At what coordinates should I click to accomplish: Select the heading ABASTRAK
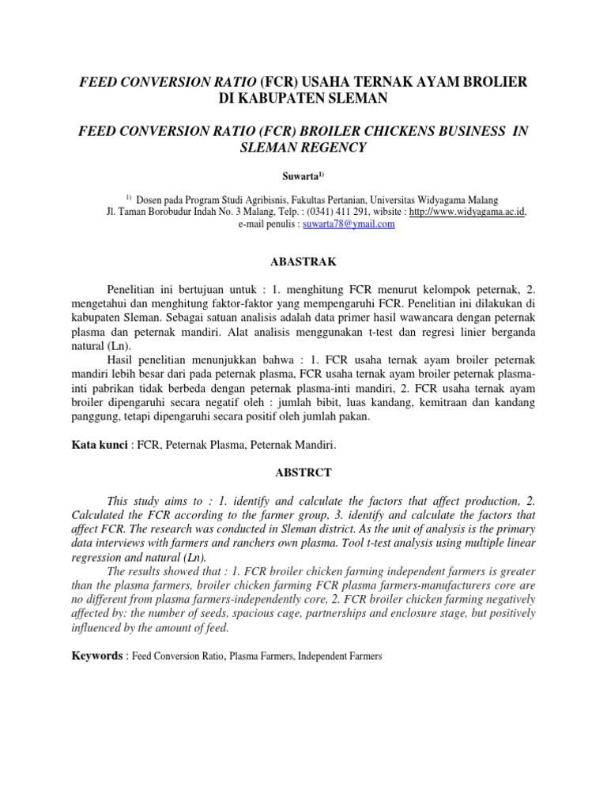pyautogui.click(x=303, y=259)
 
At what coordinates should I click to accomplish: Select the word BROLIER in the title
pyautogui.click(x=488, y=83)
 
